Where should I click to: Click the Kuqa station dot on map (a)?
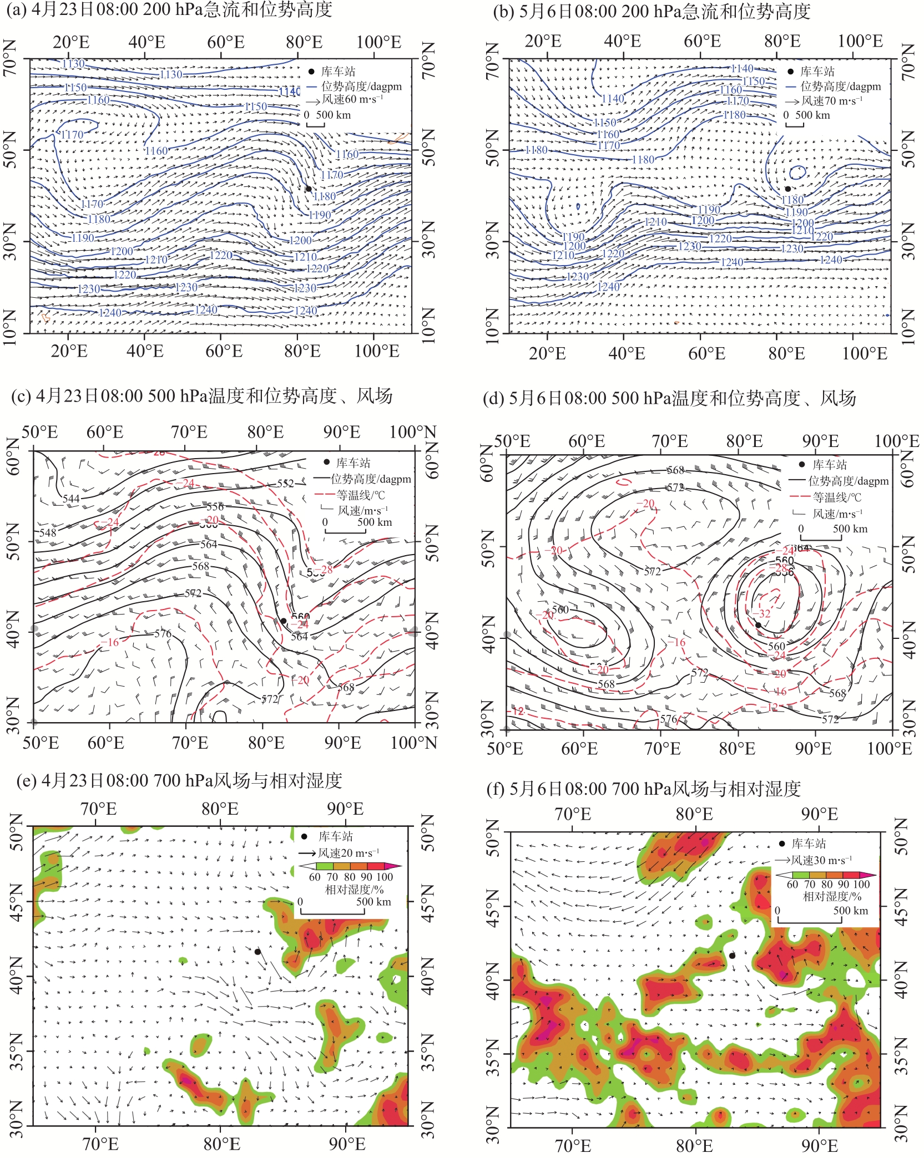point(309,189)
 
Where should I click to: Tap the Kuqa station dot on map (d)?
point(758,625)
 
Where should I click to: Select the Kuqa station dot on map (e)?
point(257,952)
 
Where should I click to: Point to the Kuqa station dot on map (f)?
point(732,956)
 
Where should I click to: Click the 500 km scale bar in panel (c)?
point(345,532)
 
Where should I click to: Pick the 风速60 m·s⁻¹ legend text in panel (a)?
point(352,100)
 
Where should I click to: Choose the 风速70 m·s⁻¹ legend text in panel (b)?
point(832,101)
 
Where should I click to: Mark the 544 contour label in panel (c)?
point(71,499)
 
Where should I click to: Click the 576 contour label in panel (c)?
point(163,633)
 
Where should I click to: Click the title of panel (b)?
point(652,11)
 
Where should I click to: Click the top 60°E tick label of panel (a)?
point(225,43)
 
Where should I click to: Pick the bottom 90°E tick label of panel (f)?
point(819,1145)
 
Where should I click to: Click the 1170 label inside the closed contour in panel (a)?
point(72,135)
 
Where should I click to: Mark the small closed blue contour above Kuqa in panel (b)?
point(797,172)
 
